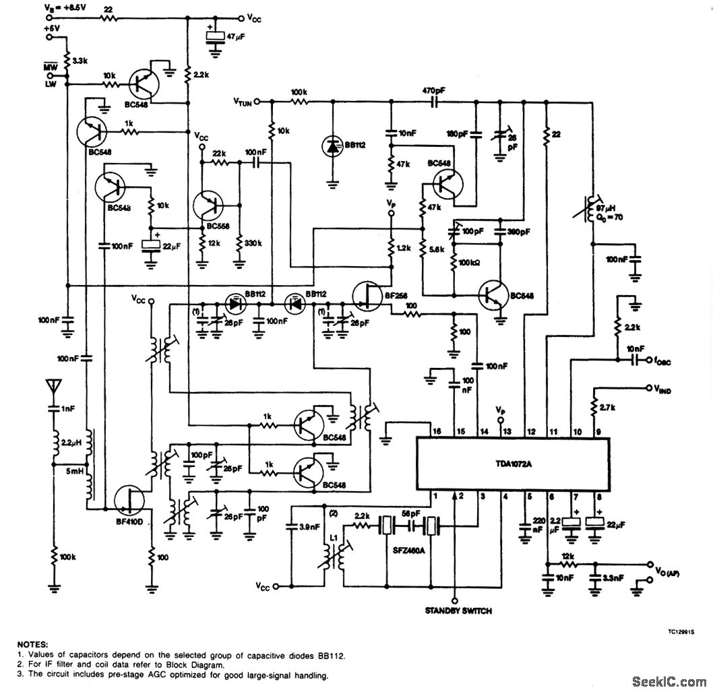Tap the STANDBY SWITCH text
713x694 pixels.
[x=458, y=611]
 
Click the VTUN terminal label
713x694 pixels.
[x=243, y=102]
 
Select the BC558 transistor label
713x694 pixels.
[x=218, y=227]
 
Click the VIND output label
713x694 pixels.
[x=659, y=389]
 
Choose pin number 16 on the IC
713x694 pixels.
[x=437, y=431]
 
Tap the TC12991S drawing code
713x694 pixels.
[x=680, y=633]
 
